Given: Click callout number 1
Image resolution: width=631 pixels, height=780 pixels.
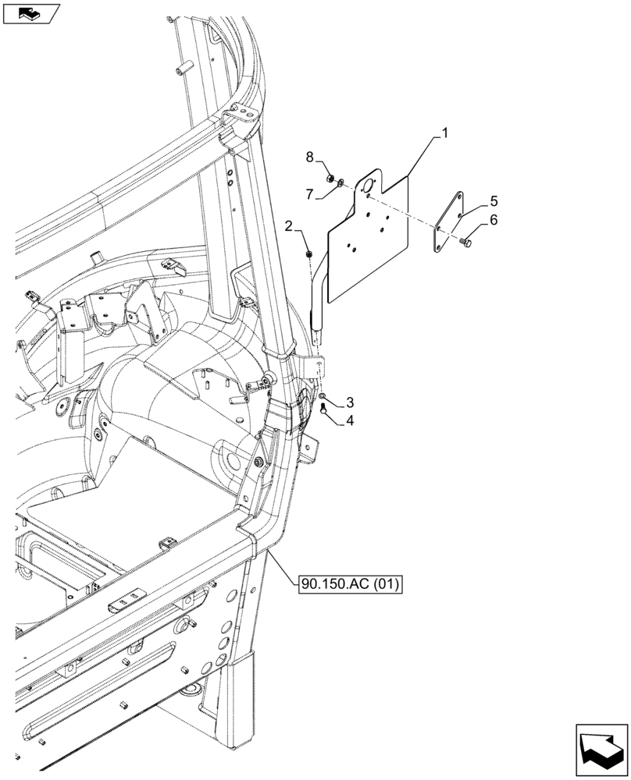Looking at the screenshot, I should [444, 134].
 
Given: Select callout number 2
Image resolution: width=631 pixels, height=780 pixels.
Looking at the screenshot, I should [290, 227].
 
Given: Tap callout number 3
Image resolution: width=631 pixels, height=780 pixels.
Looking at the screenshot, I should [350, 402].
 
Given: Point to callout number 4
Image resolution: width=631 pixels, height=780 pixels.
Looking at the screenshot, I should [350, 421].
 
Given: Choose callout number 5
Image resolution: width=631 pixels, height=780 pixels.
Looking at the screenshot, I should [494, 200].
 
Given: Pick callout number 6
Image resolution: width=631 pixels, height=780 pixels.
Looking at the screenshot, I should [494, 221].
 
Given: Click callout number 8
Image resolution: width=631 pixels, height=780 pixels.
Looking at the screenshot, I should [310, 158].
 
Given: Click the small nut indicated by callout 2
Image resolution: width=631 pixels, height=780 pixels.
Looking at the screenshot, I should [310, 253].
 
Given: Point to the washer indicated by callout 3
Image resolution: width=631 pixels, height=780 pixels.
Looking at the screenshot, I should [323, 399].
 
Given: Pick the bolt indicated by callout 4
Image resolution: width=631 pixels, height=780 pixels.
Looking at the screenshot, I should [322, 409].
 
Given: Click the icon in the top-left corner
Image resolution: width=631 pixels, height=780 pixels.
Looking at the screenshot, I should [31, 13].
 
